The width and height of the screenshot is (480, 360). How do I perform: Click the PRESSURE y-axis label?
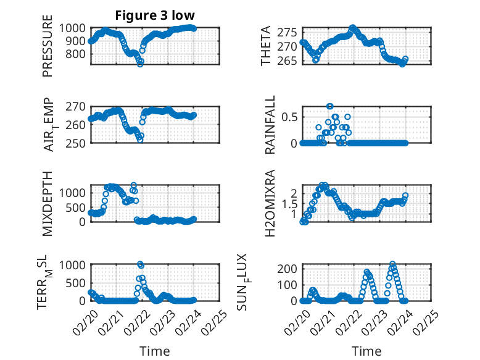point(48,46)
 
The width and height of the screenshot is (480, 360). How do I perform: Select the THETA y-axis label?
point(266,46)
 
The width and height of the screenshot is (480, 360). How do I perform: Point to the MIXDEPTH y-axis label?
point(48,203)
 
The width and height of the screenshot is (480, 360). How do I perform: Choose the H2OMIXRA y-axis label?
point(270,203)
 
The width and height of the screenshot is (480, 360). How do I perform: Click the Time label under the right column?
point(366,351)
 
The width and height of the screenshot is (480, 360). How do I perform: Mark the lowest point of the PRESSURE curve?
point(140,64)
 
